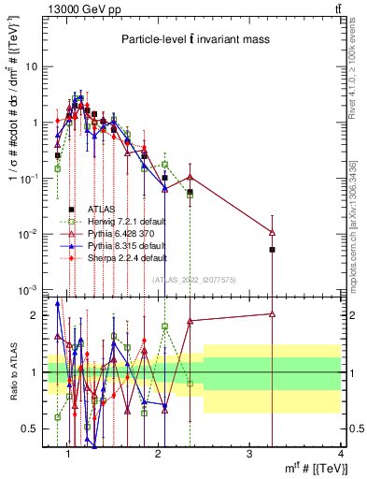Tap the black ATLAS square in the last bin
pos(273,250)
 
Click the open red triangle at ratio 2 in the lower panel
pos(273,314)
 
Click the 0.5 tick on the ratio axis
pos(34,428)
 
